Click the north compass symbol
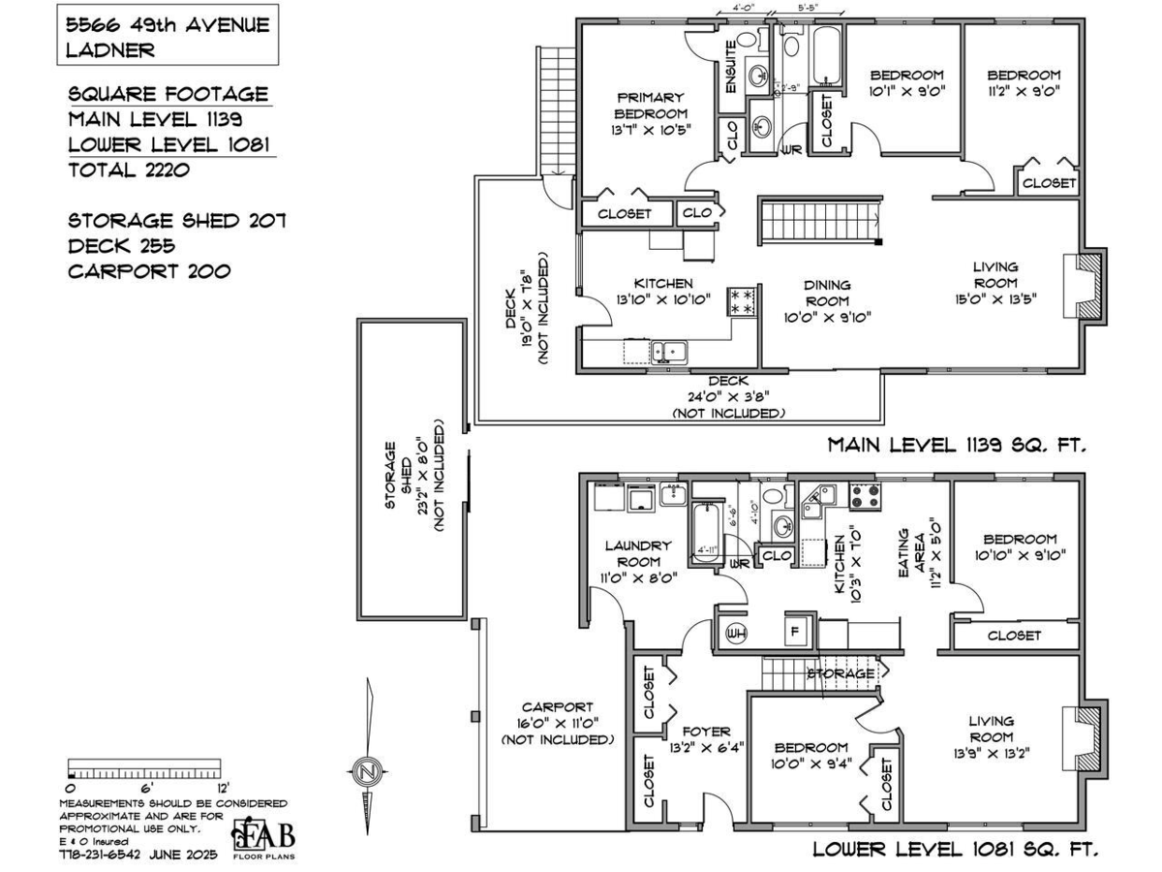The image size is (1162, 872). [x=367, y=772]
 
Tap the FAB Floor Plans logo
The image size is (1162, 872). [x=263, y=838]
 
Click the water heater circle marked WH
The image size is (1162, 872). [x=733, y=633]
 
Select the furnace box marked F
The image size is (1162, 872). [x=794, y=631]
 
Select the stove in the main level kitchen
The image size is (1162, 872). [x=743, y=300]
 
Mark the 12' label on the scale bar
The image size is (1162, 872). [x=222, y=788]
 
